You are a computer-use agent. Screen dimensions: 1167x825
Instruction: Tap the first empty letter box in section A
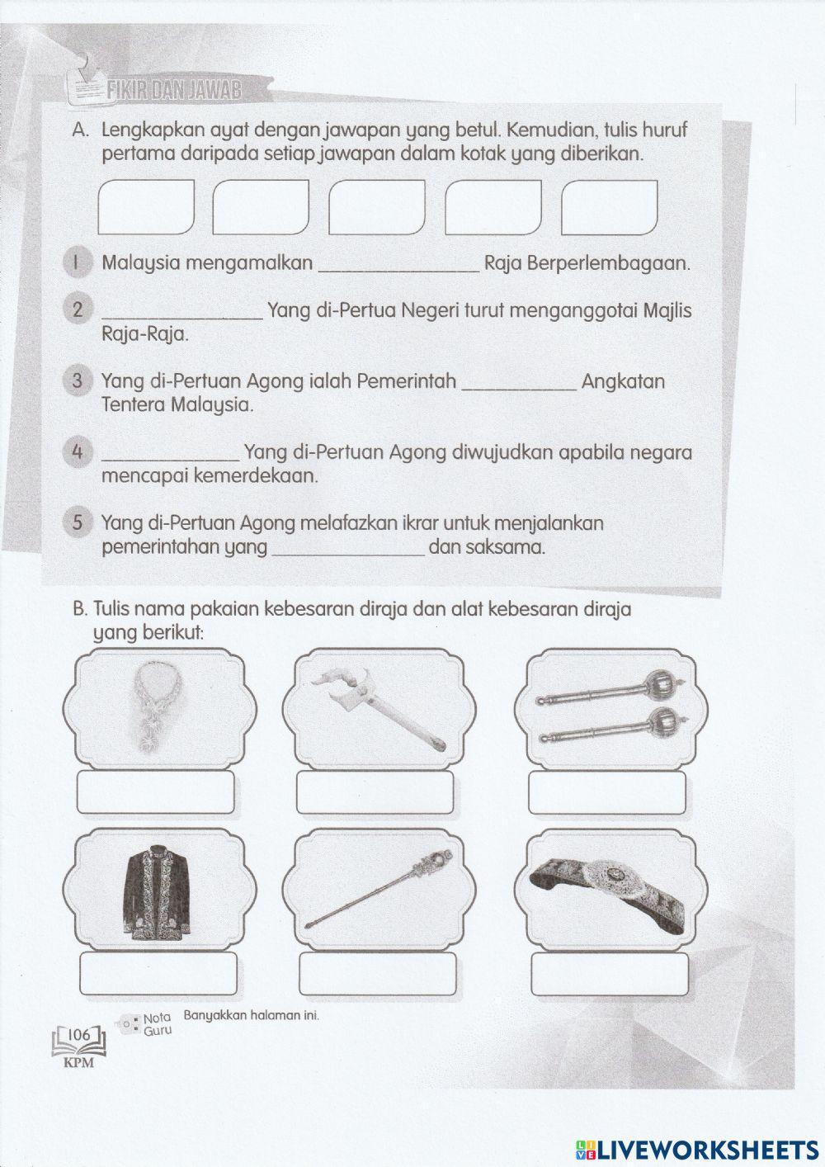(x=146, y=206)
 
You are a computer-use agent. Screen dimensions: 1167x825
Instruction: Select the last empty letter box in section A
(x=609, y=206)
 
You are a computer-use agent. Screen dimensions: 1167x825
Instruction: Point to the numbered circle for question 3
(x=76, y=381)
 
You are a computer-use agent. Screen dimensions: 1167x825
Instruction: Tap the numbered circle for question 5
(x=76, y=523)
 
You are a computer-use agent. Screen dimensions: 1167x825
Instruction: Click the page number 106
(x=79, y=1034)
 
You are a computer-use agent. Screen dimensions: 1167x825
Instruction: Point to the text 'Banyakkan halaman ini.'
(x=251, y=1015)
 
